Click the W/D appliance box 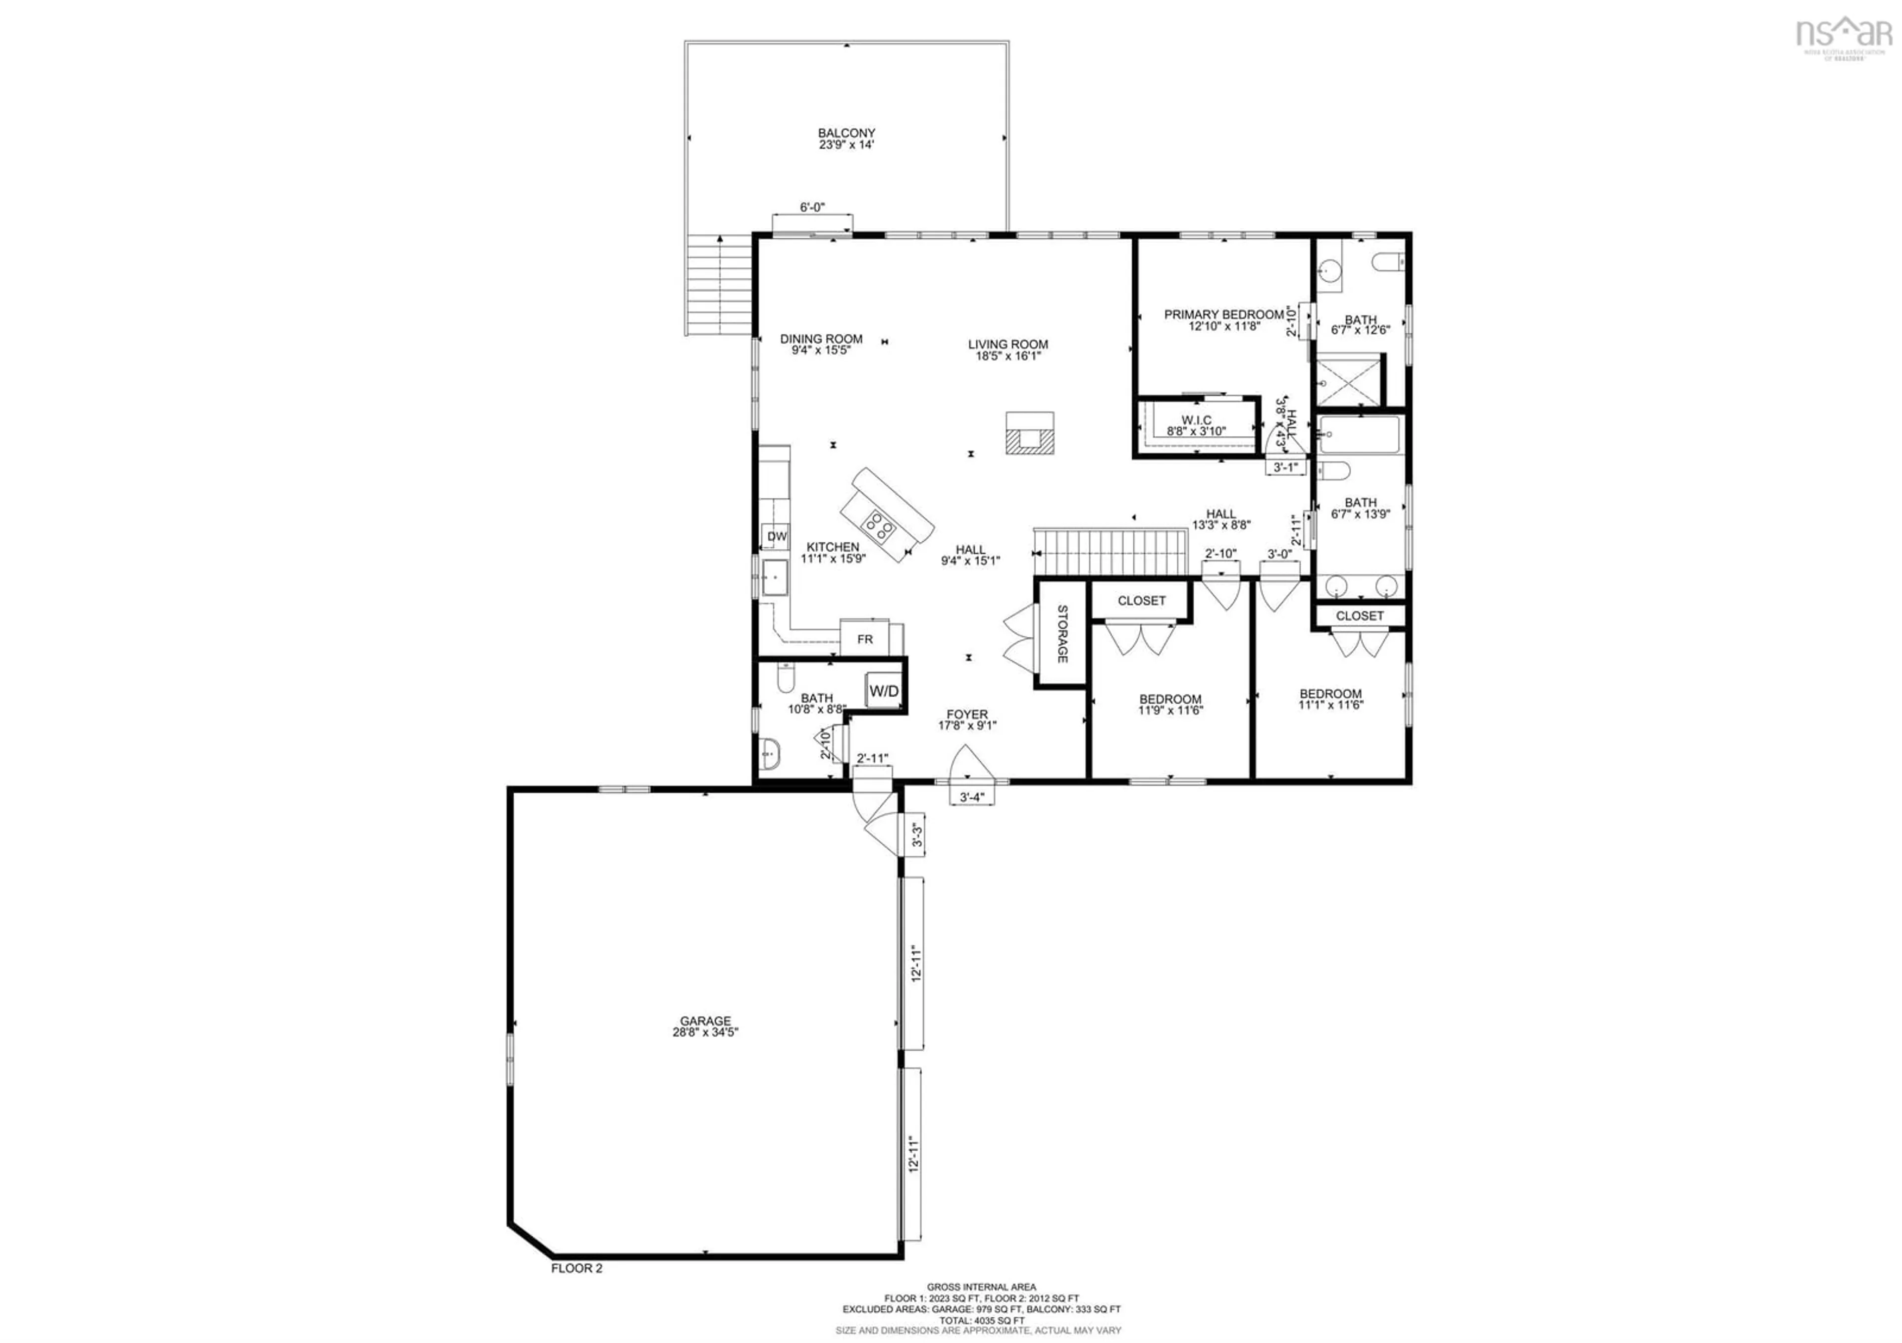883,690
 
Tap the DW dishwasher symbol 776,536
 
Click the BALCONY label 846,133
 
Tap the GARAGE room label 705,1021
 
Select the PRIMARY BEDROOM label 1223,314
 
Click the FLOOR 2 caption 577,1291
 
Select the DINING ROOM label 821,339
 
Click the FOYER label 967,714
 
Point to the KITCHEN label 833,547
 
